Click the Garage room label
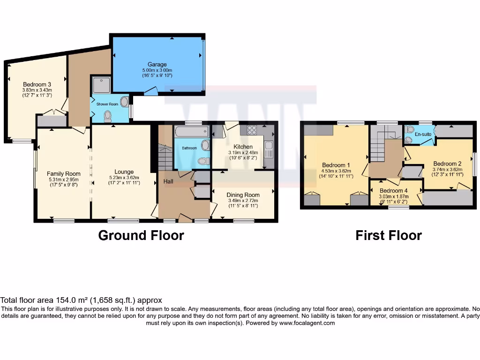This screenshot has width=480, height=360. tap(157, 64)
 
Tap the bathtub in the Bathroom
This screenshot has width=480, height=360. tap(192, 132)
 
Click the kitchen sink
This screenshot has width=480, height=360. tap(269, 150)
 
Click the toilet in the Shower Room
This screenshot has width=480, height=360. tap(108, 115)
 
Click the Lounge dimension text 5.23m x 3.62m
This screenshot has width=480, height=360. tap(124, 178)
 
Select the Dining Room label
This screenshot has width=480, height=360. tap(243, 195)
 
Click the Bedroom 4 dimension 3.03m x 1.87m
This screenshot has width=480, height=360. tap(394, 197)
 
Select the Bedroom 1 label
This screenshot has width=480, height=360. tap(336, 165)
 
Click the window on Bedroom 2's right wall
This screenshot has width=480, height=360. tap(474, 165)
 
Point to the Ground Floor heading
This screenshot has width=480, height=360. tap(141, 235)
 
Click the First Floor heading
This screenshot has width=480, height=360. tap(389, 235)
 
